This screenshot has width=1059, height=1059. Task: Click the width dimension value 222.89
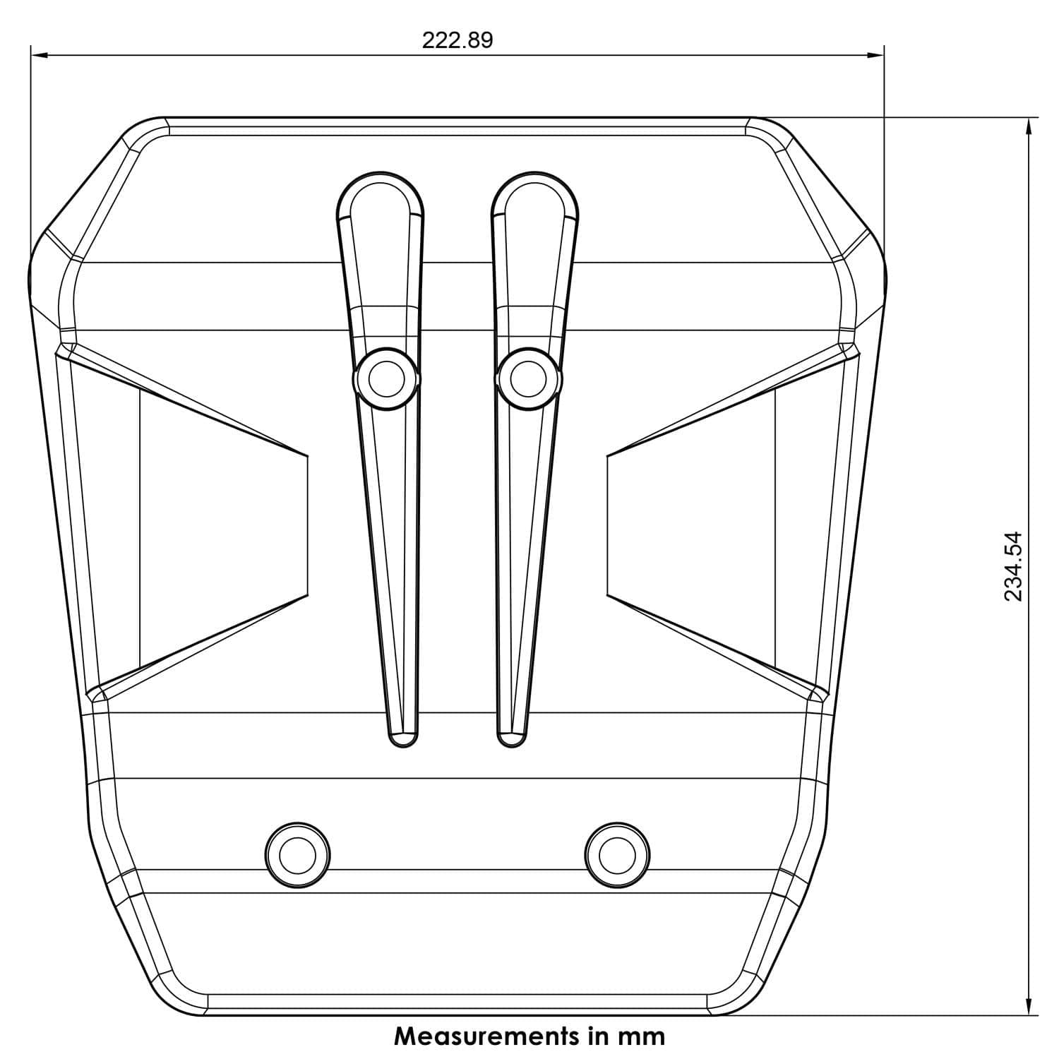[457, 40]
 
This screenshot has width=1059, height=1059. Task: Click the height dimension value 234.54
[1013, 566]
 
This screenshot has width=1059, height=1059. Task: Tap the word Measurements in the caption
[487, 1036]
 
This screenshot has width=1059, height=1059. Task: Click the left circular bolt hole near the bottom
[297, 855]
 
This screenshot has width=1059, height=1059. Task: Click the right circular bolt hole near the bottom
[617, 855]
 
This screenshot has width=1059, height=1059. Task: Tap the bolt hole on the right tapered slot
[529, 379]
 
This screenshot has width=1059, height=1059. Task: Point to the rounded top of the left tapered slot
[381, 174]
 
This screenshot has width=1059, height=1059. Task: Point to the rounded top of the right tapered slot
[535, 174]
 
